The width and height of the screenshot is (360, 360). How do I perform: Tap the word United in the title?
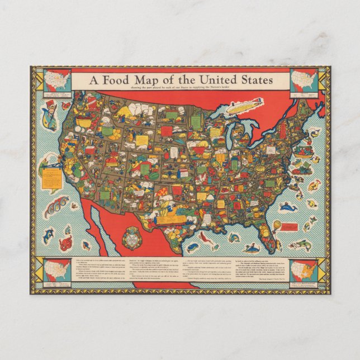coord(211,80)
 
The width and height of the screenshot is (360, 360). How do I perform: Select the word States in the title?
coord(254,80)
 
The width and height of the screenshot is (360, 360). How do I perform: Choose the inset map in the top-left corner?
coord(57,80)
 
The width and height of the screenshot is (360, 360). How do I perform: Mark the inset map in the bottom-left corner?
coord(57,271)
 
